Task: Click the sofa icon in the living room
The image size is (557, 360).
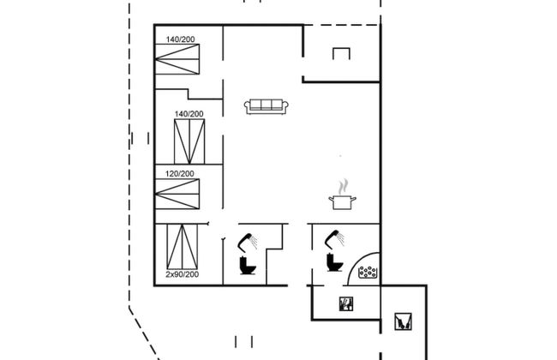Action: (x=266, y=106)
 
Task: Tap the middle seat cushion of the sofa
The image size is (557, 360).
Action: (x=266, y=105)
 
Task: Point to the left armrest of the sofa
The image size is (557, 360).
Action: (x=248, y=106)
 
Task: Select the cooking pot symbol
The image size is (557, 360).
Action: (x=342, y=202)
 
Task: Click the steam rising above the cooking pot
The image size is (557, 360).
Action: (x=343, y=187)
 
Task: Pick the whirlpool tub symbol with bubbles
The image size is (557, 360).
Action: (x=368, y=273)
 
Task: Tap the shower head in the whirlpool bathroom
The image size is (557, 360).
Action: (x=334, y=238)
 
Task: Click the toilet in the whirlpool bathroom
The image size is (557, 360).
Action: (x=334, y=262)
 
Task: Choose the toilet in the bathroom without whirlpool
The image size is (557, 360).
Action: (x=248, y=265)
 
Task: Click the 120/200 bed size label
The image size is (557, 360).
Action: (x=180, y=174)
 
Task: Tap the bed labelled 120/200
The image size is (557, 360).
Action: (x=177, y=194)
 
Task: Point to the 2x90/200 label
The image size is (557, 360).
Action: (x=183, y=274)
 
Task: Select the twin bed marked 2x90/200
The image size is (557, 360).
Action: (x=183, y=246)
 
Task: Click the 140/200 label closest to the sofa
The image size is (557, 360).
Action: (x=189, y=114)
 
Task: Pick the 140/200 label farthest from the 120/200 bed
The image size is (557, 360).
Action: (x=181, y=39)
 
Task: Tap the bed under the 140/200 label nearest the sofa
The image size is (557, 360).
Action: (x=189, y=141)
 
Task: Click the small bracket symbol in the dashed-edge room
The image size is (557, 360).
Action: (x=341, y=53)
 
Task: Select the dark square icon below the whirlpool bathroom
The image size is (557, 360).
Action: (x=346, y=303)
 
